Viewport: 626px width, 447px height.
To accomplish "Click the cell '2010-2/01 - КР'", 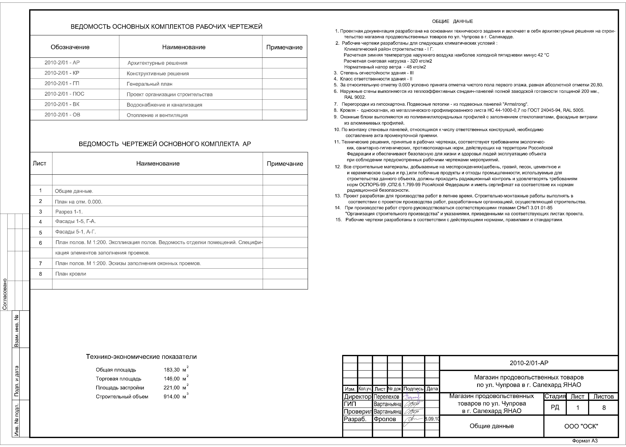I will point(62,73).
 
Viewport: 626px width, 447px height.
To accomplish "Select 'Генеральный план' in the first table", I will point(150,84).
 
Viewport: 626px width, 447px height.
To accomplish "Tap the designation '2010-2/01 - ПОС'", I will point(64,94).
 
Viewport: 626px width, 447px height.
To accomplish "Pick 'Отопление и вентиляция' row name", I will point(157,115).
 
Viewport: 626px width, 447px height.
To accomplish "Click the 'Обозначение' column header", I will point(70,47).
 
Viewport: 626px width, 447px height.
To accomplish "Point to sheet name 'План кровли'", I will point(71,274).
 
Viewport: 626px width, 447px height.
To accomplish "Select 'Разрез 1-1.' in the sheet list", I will point(69,212).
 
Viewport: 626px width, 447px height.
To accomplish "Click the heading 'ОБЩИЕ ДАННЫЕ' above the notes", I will point(452,21).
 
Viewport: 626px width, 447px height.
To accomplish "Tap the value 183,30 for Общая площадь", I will point(172,370).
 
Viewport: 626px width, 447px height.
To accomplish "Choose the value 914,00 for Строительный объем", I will point(172,397).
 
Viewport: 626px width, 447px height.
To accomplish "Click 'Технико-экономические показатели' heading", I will point(141,357).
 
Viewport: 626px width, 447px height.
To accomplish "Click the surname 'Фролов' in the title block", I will point(385,419).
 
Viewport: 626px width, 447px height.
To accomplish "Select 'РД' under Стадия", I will point(555,407).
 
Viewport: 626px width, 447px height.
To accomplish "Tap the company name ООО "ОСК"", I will point(581,426).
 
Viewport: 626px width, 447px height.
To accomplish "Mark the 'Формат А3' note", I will point(585,441).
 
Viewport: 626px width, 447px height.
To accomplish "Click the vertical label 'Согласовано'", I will point(5,294).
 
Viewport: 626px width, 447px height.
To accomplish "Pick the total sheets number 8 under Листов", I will point(604,408).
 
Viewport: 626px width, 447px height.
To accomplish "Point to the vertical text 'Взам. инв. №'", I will point(17,330).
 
